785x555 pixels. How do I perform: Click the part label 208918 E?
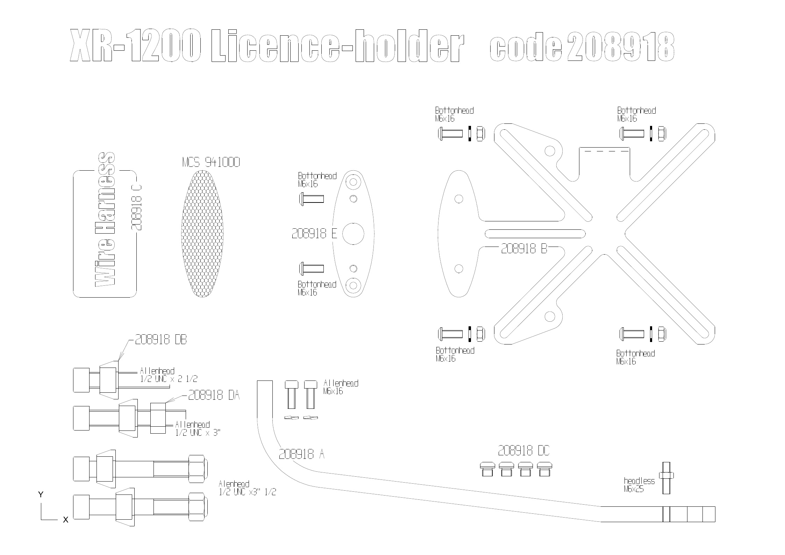coord(314,234)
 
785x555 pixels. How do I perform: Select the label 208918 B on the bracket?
coord(523,248)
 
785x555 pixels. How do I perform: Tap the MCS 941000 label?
coord(211,162)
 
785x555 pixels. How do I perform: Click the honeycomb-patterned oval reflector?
coord(202,234)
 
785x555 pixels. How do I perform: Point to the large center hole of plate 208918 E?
coord(353,234)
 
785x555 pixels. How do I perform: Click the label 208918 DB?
coord(161,340)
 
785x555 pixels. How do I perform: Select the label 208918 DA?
coord(214,395)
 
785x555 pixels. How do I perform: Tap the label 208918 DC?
coord(523,451)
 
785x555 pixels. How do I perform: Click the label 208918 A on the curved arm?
coord(301,454)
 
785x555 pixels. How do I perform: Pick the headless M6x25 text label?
coord(638,485)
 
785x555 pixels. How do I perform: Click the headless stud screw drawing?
coord(666,478)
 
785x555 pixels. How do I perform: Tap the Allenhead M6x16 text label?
coord(341,387)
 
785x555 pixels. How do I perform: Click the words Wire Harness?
coord(105,220)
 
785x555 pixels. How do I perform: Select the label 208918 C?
coord(136,207)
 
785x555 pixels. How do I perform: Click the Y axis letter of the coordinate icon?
coord(41,494)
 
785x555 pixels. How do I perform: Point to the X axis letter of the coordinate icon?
coord(65,520)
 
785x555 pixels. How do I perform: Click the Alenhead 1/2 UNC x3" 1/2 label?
coord(247,488)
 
